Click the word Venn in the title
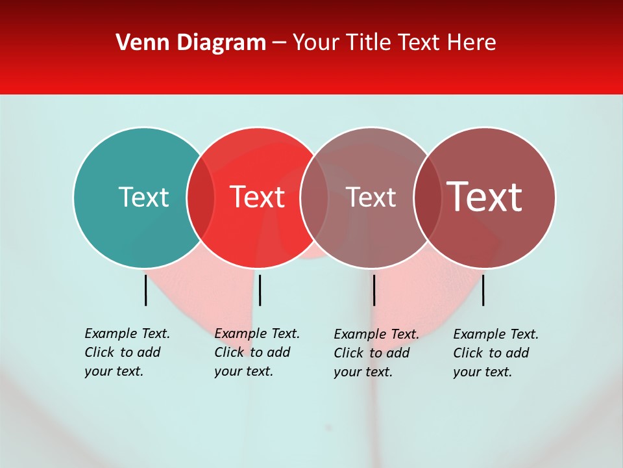click(x=137, y=43)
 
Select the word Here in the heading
click(x=472, y=43)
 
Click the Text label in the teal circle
click(x=143, y=197)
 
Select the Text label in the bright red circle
click(x=257, y=197)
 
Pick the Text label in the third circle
click(x=371, y=197)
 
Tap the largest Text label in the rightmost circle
click(x=485, y=197)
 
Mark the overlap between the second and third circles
click(x=314, y=197)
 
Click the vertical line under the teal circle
click(x=146, y=290)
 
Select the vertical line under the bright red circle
click(x=260, y=290)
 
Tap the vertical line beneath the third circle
click(x=374, y=290)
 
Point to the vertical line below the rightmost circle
click(x=483, y=290)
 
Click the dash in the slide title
click(x=279, y=44)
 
